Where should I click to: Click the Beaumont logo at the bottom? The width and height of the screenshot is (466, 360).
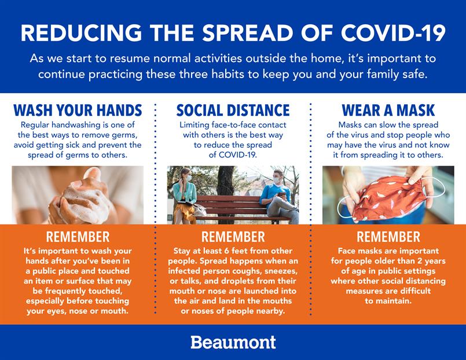[x=233, y=342]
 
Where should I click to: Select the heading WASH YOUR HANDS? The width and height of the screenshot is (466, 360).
[x=78, y=110]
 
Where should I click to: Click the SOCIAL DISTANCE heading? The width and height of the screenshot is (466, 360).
[x=233, y=110]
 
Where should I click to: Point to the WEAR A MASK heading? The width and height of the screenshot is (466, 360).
[x=388, y=110]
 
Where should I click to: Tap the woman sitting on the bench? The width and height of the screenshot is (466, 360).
[x=185, y=196]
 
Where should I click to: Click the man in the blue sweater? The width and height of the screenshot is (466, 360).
[x=278, y=197]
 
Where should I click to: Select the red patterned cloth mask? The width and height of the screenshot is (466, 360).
[x=389, y=197]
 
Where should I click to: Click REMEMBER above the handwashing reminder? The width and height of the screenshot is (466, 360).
[x=78, y=237]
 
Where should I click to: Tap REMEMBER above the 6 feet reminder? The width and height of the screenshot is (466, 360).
[x=233, y=237]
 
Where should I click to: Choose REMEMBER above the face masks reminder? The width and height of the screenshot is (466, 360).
[x=388, y=237]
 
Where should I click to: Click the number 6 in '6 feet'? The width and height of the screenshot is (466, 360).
[x=226, y=251]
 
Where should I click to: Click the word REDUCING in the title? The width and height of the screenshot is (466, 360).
[x=81, y=32]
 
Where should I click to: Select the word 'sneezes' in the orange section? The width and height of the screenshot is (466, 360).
[x=281, y=271]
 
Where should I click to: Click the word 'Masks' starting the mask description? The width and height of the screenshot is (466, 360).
[x=350, y=125]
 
